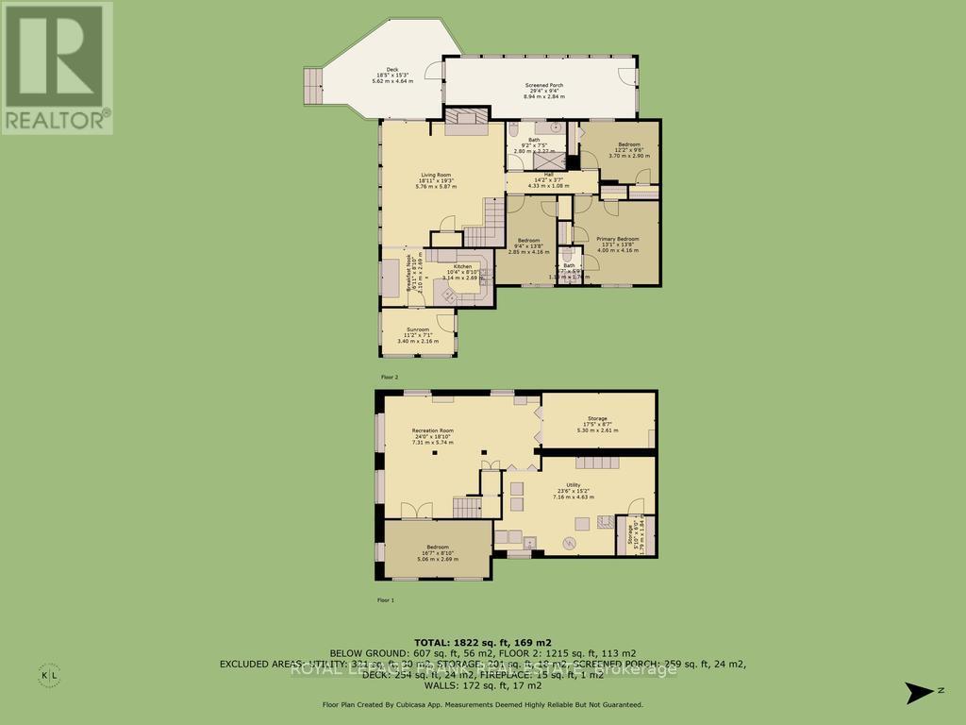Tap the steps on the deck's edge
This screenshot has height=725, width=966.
311,88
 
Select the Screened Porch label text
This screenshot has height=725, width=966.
543,91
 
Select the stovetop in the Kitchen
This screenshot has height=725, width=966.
447,296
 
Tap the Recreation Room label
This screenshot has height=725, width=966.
432,436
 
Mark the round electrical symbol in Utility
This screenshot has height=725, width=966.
569,541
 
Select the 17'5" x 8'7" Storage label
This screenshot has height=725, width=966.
596,424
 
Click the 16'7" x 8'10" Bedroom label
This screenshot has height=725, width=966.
437,553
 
